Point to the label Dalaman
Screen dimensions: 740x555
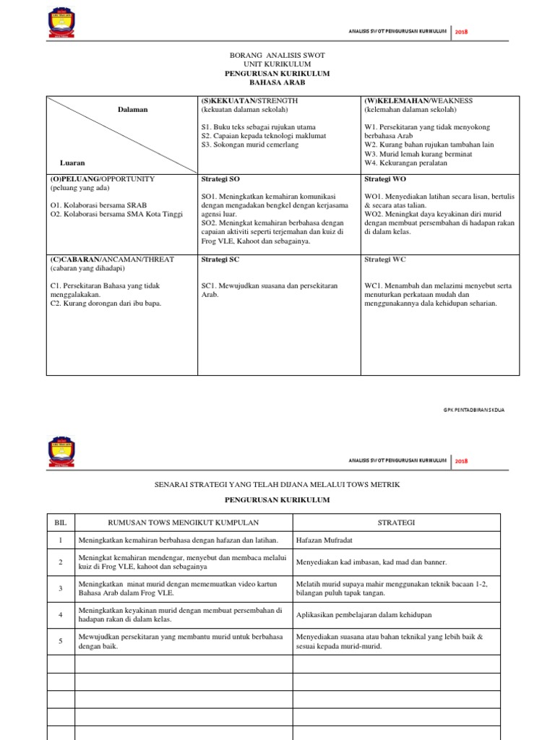133,110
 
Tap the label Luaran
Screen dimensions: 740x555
72,163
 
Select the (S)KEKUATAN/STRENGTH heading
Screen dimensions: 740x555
249,100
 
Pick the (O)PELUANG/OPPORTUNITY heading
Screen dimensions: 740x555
102,178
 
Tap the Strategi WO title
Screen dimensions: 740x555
381,178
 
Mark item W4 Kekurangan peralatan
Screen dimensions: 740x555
405,163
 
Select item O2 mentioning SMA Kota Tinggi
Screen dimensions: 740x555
116,215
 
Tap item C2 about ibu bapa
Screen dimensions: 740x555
106,304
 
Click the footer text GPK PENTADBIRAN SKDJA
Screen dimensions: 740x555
474,410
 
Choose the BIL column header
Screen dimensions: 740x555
60,522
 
